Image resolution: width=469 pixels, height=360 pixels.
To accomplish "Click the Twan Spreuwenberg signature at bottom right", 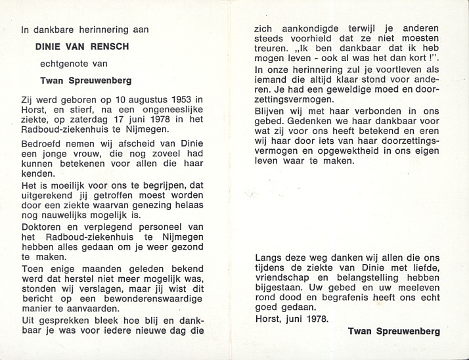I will point(394,332).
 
